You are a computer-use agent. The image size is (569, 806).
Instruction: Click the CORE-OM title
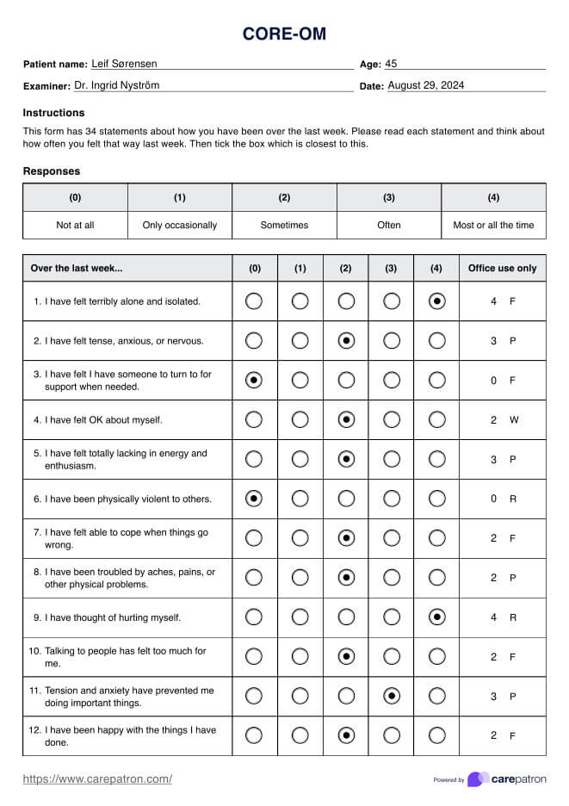tap(284, 34)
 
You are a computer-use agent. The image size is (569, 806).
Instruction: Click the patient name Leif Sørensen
tap(124, 64)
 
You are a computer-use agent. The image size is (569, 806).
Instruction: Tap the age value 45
tap(391, 64)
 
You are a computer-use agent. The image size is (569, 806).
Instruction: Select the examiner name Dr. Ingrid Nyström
tap(116, 85)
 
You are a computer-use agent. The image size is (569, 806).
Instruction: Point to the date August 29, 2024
tap(426, 85)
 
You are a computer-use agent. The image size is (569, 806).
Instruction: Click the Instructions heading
tap(53, 113)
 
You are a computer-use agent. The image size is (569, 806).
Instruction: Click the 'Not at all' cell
tap(75, 225)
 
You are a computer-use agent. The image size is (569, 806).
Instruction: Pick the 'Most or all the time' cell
tap(493, 225)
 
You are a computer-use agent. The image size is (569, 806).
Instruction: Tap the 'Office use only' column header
tap(502, 268)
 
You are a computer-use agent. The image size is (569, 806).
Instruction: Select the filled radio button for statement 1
tap(437, 301)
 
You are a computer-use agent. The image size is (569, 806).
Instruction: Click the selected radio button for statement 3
tap(254, 380)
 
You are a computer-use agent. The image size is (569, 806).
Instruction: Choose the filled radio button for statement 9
tap(437, 617)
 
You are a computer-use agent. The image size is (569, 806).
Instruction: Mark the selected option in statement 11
tap(392, 696)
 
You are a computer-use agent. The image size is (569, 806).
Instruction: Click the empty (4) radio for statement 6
tap(437, 499)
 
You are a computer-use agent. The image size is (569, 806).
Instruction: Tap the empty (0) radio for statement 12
tap(254, 735)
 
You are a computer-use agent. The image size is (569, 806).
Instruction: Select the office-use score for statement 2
tap(494, 341)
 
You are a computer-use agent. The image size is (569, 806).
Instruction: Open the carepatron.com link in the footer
tap(97, 779)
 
